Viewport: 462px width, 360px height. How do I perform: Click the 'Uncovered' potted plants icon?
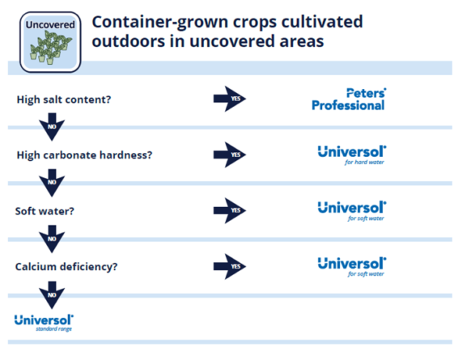click(50, 42)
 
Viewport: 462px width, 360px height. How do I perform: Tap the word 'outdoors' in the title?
click(129, 41)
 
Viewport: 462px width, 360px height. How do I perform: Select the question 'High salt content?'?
click(64, 100)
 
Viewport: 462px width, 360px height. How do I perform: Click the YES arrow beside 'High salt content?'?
click(230, 99)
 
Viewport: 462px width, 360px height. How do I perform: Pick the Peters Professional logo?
click(349, 100)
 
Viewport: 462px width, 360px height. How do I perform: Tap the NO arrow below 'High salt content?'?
click(52, 127)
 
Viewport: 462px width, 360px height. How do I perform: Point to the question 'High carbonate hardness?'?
click(85, 155)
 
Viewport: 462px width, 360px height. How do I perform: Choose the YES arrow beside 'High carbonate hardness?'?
click(230, 155)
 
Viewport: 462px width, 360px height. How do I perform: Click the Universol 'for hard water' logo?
click(352, 155)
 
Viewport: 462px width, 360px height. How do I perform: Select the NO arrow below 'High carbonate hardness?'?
click(52, 183)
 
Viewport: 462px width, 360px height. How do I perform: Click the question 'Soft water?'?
click(45, 211)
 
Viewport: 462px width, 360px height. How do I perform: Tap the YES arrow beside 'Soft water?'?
click(230, 210)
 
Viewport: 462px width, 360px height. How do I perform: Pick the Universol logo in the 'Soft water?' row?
click(352, 211)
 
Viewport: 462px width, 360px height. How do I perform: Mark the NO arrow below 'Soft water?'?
click(52, 239)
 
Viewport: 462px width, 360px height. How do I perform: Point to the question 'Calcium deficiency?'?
click(66, 267)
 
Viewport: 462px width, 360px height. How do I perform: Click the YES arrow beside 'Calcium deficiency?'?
click(230, 266)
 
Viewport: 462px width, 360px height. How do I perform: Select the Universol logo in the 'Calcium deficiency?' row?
click(352, 267)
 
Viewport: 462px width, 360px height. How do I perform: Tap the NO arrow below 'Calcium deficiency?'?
click(52, 295)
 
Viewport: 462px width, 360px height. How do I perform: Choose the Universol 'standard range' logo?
click(44, 323)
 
